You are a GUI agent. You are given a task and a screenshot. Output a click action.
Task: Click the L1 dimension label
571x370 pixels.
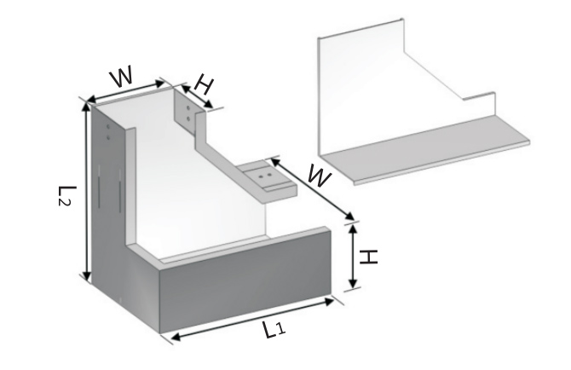pos(274,329)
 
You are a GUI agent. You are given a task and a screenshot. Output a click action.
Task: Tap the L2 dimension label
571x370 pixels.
pos(67,196)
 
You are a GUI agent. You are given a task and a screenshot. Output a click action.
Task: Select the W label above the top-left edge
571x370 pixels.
pos(121,77)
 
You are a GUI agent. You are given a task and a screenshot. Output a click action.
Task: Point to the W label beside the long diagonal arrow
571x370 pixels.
pos(319,176)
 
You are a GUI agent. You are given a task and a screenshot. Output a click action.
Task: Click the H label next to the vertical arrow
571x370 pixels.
pos(368,257)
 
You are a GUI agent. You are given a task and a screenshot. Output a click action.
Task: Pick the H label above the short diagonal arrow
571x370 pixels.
pos(203,84)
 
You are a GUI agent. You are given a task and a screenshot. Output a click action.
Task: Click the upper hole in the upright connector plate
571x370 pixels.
pos(187,108)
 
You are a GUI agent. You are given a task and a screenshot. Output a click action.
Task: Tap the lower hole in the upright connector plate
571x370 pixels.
pos(187,118)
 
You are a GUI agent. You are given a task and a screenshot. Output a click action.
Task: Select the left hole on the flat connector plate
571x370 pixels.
pos(261,176)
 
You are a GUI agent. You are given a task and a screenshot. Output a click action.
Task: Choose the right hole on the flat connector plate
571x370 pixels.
pos(269,175)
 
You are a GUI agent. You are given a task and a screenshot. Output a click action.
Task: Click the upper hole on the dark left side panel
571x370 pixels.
pos(108,127)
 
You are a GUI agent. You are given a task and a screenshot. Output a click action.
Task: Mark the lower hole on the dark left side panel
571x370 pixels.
pos(108,137)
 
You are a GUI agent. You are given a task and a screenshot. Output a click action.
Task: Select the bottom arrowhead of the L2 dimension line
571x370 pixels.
pos(87,276)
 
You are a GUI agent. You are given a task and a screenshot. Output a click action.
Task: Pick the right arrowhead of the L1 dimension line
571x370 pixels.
pos(329,302)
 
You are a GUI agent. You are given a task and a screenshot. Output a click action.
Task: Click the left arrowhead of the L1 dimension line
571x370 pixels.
pos(176,337)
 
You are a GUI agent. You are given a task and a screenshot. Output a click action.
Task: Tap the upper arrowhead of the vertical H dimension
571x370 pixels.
pos(353,229)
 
